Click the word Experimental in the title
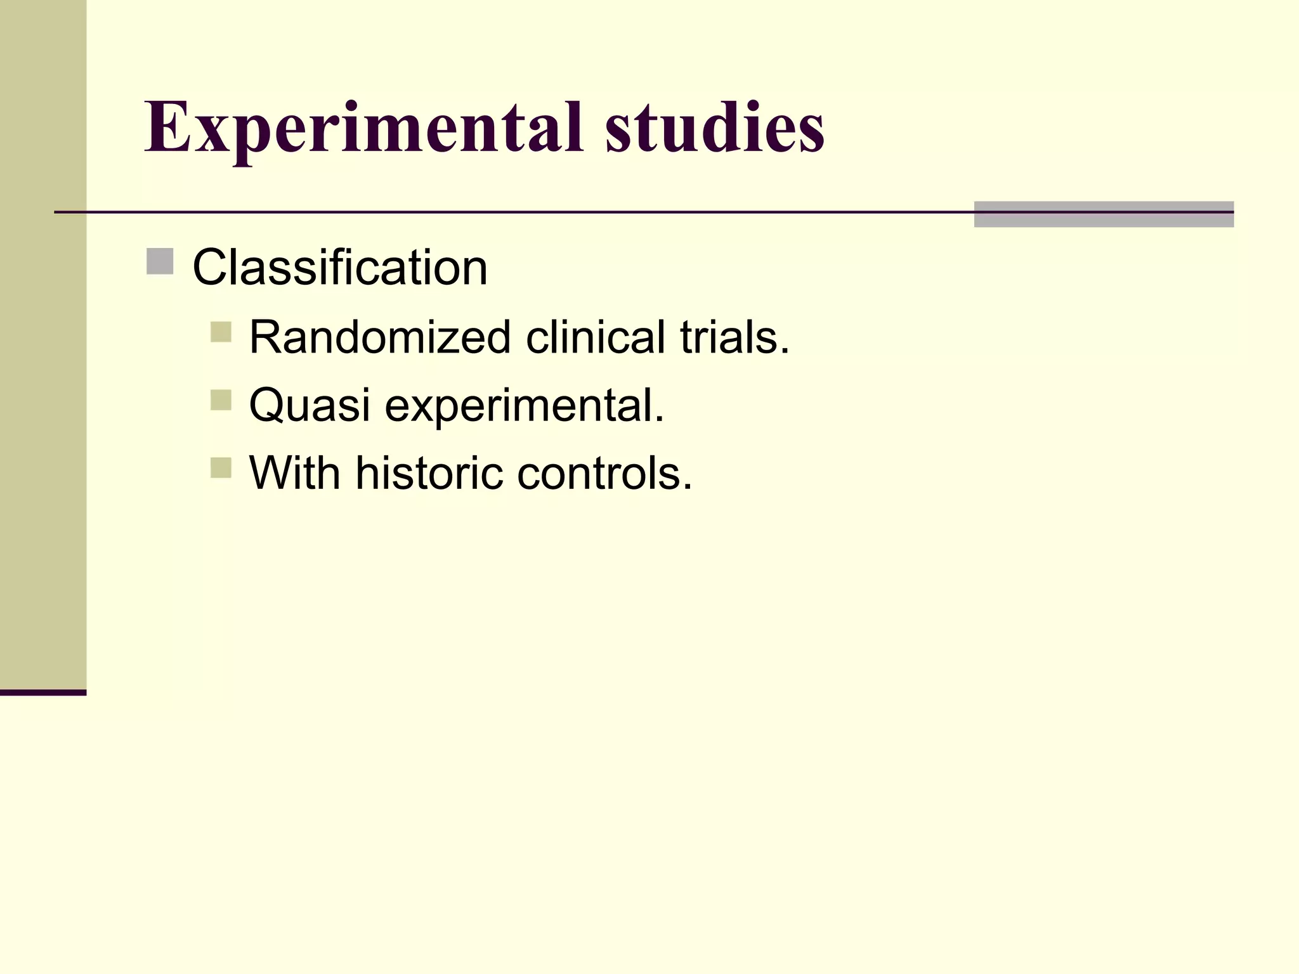(363, 128)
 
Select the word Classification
(340, 268)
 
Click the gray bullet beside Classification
(160, 262)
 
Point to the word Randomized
(380, 337)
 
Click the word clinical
(596, 337)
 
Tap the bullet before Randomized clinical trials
(221, 332)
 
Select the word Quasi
(310, 405)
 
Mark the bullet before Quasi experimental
(221, 400)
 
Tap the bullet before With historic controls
(221, 468)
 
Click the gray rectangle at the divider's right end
(1104, 214)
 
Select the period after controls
(688, 488)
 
